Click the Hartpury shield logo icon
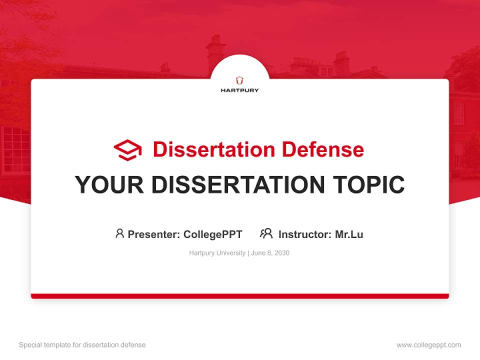pos(240,80)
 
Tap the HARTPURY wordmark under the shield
pos(240,90)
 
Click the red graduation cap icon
pos(127,150)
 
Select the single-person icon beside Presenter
pos(119,233)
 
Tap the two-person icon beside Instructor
pos(266,233)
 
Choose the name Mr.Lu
pos(349,234)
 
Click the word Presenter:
pos(154,234)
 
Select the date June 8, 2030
pos(270,253)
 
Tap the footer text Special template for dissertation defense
pos(82,345)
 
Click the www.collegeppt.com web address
pos(428,345)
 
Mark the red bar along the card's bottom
pos(240,296)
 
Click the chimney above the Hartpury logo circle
pos(216,47)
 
